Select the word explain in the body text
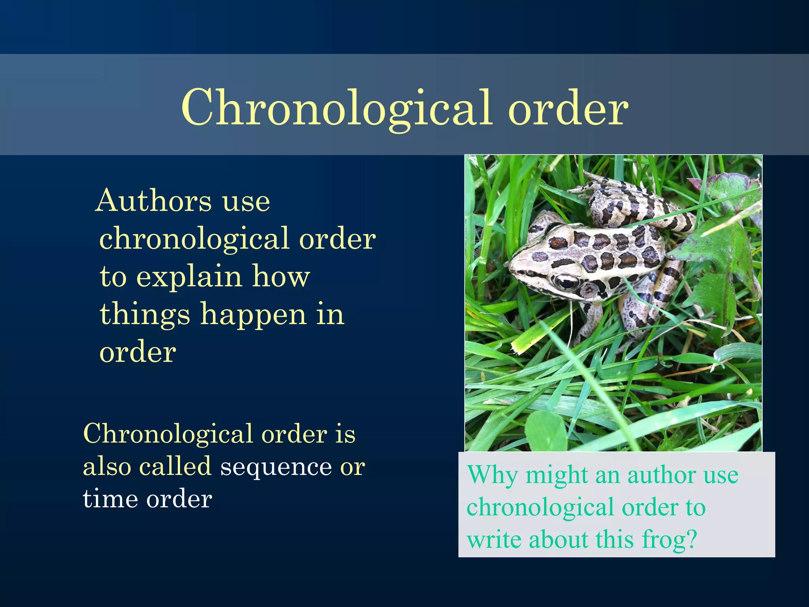point(189,277)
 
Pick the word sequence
point(276,466)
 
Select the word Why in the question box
point(492,475)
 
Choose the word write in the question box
point(494,539)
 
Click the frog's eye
point(566,282)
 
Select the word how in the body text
point(281,277)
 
